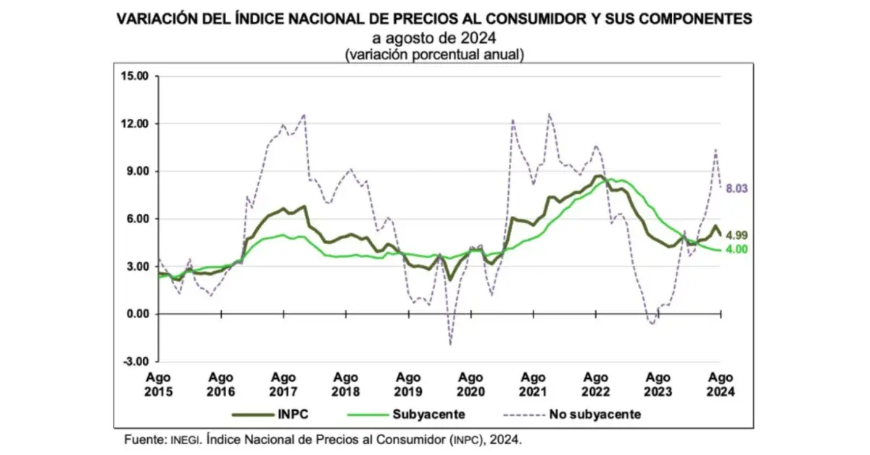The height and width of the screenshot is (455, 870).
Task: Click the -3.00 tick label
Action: pyautogui.click(x=135, y=362)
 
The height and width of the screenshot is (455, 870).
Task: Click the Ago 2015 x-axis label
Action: pyautogui.click(x=159, y=384)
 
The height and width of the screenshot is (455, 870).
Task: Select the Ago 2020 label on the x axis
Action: pyautogui.click(x=471, y=384)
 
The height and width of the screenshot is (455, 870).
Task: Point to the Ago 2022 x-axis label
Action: pyautogui.click(x=596, y=384)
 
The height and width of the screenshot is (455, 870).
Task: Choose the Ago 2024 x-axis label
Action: pyautogui.click(x=721, y=384)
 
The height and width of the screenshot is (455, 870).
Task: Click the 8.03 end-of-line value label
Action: pyautogui.click(x=737, y=188)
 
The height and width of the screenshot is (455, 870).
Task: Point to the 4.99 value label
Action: pyautogui.click(x=737, y=235)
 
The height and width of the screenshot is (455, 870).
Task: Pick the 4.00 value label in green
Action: pyautogui.click(x=737, y=249)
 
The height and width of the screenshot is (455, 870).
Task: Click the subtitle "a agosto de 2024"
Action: pyautogui.click(x=434, y=38)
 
